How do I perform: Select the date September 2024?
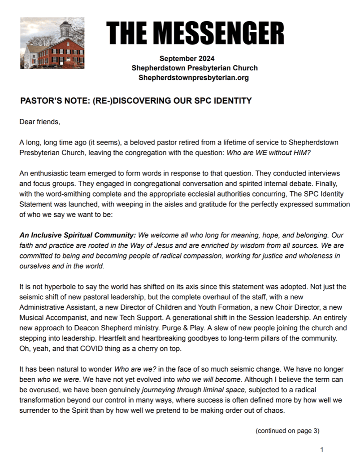pyautogui.click(x=187, y=58)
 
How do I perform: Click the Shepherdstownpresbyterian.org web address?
pyautogui.click(x=194, y=78)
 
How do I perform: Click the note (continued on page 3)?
pyautogui.click(x=287, y=431)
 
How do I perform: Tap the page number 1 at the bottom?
pyautogui.click(x=322, y=450)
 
